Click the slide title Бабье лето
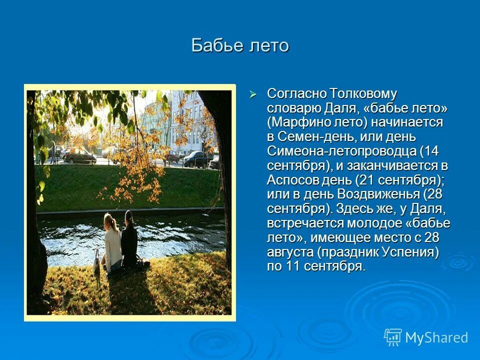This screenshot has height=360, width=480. pos(240,45)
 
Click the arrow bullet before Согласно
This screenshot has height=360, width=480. pos(253,94)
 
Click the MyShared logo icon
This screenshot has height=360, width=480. pos(393,337)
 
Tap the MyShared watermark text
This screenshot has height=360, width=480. pos(436,338)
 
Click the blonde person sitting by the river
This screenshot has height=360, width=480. pos(112,242)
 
